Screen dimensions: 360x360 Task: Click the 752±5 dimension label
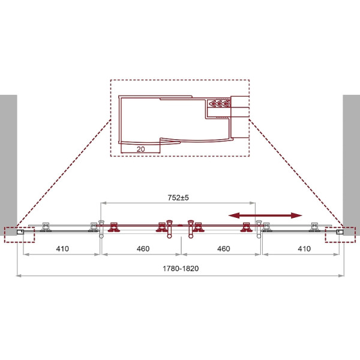coord(178,197)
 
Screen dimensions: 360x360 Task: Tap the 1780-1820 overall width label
coord(181,268)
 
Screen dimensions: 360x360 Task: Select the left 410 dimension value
coord(62,248)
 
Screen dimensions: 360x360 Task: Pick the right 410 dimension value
coord(304,248)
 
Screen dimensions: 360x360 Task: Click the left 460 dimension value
coord(143,248)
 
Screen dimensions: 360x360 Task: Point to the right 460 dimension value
coord(224,248)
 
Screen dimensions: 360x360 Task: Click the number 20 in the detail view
coord(140,149)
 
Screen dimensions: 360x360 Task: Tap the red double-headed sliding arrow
coord(265,215)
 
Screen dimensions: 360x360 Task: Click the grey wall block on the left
coord(8,165)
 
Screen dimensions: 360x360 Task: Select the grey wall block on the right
coord(351,165)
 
